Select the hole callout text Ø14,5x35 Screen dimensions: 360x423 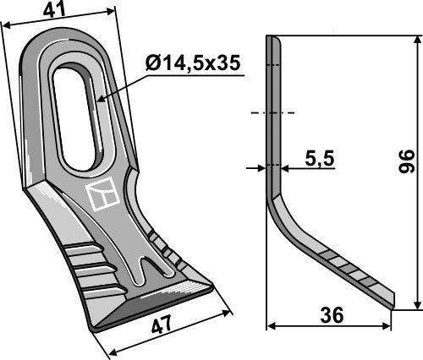click(x=194, y=63)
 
